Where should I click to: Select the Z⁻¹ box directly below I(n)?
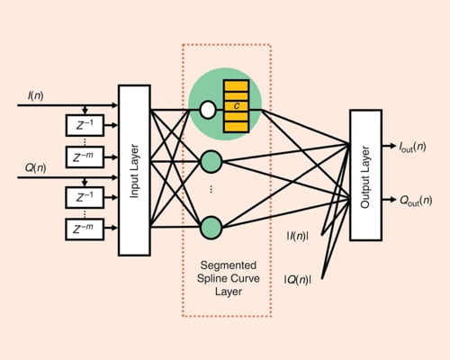pos(85,121)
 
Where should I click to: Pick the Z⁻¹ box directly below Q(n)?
pos(85,196)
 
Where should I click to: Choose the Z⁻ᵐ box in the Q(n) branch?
pos(85,229)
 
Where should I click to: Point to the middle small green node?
pos(211,162)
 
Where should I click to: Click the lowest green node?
pos(211,225)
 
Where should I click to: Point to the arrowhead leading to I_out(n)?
pos(399,144)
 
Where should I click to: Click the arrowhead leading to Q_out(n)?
pos(399,200)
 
